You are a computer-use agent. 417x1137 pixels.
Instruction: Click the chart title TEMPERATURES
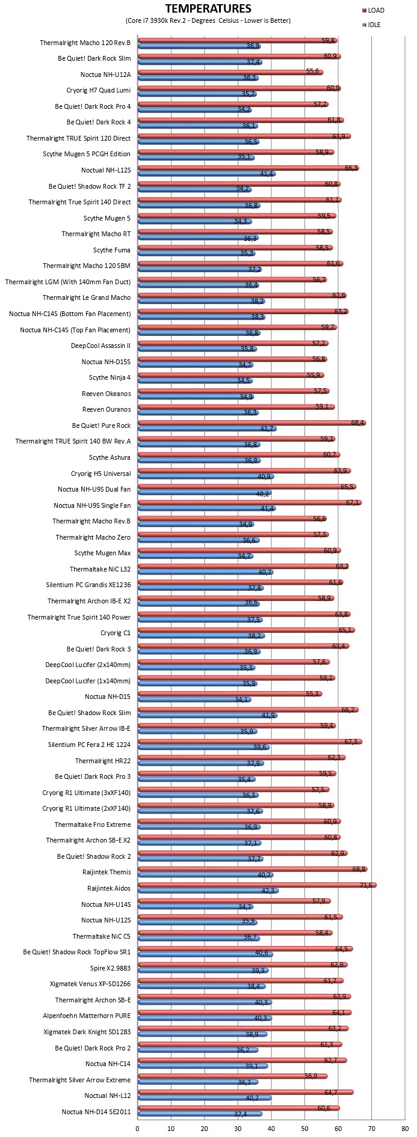point(208,8)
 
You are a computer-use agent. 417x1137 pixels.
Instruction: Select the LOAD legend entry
point(373,10)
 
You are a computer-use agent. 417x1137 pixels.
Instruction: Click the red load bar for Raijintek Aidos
point(258,885)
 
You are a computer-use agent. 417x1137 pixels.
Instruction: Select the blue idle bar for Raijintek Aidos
point(209,891)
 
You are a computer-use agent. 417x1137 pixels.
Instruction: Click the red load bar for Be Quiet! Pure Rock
point(252,422)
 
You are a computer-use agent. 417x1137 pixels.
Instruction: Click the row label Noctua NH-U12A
point(105,75)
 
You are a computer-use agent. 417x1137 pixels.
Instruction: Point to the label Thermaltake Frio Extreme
point(93,825)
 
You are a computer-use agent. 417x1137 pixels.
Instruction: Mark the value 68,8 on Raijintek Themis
point(360,869)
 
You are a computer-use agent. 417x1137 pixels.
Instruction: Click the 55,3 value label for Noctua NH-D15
point(313,693)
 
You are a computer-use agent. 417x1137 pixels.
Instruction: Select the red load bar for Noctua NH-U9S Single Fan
point(250,502)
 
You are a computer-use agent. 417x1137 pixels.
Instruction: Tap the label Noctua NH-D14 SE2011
point(96,1112)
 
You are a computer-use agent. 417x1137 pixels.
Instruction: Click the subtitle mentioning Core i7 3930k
point(208,20)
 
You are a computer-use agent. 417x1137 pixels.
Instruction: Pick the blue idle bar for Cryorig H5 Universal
point(206,477)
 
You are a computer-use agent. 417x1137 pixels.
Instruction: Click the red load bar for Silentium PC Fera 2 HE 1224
point(250,742)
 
